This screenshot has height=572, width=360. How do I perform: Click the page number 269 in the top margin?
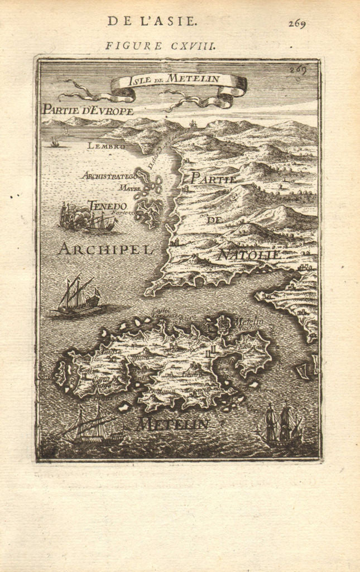click(297, 23)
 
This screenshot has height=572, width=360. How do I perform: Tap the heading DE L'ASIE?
click(152, 22)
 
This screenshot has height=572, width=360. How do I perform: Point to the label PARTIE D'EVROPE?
click(88, 111)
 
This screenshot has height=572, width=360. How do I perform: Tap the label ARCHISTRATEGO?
click(109, 175)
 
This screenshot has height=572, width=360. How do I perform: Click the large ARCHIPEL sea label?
click(105, 249)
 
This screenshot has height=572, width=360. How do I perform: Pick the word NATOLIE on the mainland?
click(248, 255)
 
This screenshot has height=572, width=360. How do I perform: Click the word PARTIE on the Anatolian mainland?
click(214, 180)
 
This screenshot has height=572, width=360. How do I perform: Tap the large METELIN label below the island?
click(172, 424)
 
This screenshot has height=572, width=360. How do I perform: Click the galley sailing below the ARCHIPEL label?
click(76, 297)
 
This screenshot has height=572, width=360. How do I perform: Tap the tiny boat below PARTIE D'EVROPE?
click(54, 143)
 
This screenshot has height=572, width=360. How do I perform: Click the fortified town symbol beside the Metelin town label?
click(223, 324)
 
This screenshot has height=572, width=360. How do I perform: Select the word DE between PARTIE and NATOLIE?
click(212, 220)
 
